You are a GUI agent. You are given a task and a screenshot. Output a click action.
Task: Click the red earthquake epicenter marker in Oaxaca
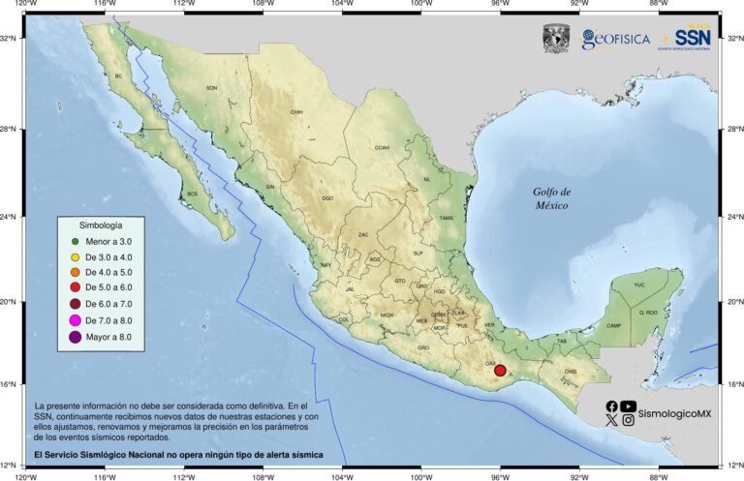point(500,370)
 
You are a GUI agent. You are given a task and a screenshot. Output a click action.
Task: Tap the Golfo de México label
point(551,198)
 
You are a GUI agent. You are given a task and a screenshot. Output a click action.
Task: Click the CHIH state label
point(296,112)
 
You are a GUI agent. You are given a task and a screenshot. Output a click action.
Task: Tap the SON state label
point(212,88)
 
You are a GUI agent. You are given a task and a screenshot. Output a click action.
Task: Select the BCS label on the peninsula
point(192,194)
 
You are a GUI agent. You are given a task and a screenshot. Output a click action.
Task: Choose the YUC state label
point(638,286)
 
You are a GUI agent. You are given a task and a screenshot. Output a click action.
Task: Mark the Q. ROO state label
point(647,313)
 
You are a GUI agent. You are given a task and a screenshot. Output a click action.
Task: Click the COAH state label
point(382,148)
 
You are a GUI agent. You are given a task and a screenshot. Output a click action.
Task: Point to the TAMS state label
point(446,218)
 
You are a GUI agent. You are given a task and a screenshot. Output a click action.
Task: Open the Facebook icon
point(611,406)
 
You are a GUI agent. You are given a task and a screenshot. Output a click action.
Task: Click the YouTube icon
point(629,406)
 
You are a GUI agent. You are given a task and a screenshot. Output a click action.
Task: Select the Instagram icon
point(629,421)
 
